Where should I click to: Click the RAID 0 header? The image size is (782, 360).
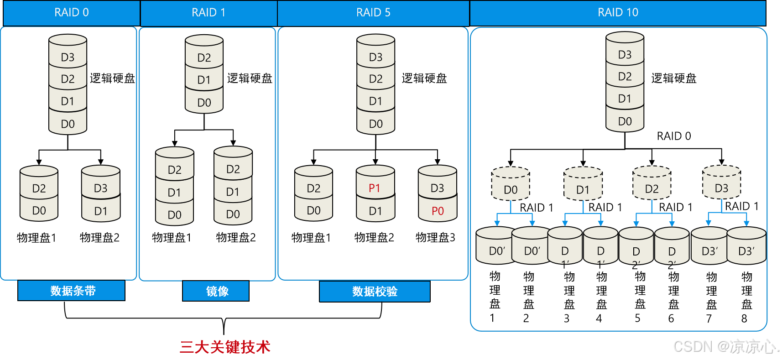[x=71, y=13]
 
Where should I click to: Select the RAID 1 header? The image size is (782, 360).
[x=209, y=13]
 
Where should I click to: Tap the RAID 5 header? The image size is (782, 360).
[x=373, y=13]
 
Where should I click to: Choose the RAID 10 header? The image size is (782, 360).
[x=618, y=13]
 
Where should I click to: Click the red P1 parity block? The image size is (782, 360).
[x=375, y=188]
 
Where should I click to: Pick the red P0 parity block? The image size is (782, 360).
[x=438, y=211]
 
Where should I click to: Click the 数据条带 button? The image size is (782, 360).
[x=72, y=291]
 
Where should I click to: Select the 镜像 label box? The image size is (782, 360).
[x=216, y=291]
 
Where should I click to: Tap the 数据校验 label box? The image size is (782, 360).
[x=375, y=292]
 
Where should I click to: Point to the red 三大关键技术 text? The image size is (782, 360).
[x=225, y=347]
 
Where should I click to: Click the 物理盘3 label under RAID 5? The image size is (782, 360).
[x=435, y=237]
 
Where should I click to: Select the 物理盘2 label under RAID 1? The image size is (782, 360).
[x=235, y=237]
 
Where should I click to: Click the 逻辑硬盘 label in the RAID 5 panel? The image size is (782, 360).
[x=424, y=78]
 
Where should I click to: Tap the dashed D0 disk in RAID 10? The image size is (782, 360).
[x=511, y=184]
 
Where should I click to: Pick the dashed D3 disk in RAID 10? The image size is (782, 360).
[x=721, y=183]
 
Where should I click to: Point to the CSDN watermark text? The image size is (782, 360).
[x=726, y=346]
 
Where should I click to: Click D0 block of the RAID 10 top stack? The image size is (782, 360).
[x=625, y=120]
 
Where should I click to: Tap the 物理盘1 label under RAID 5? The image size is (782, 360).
[x=311, y=237]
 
